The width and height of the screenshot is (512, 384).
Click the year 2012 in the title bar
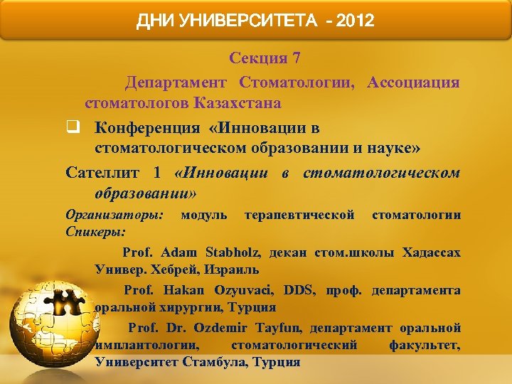pyautogui.click(x=355, y=21)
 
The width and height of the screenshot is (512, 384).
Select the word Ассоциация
pyautogui.click(x=413, y=82)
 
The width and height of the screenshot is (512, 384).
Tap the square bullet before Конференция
pyautogui.click(x=72, y=129)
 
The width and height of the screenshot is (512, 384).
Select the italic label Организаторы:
pyautogui.click(x=114, y=215)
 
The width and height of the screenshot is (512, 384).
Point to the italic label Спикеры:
pyautogui.click(x=95, y=232)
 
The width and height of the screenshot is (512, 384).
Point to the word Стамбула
pyautogui.click(x=220, y=362)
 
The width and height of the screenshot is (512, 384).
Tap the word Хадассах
pyautogui.click(x=432, y=252)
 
